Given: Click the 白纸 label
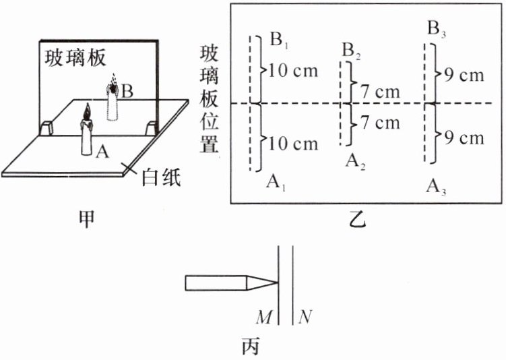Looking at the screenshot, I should pyautogui.click(x=160, y=177).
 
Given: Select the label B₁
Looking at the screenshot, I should pyautogui.click(x=280, y=40).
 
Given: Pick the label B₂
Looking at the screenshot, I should pyautogui.click(x=350, y=50).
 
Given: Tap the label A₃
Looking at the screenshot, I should pyautogui.click(x=436, y=186).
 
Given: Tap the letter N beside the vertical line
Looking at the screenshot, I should pyautogui.click(x=306, y=316).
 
